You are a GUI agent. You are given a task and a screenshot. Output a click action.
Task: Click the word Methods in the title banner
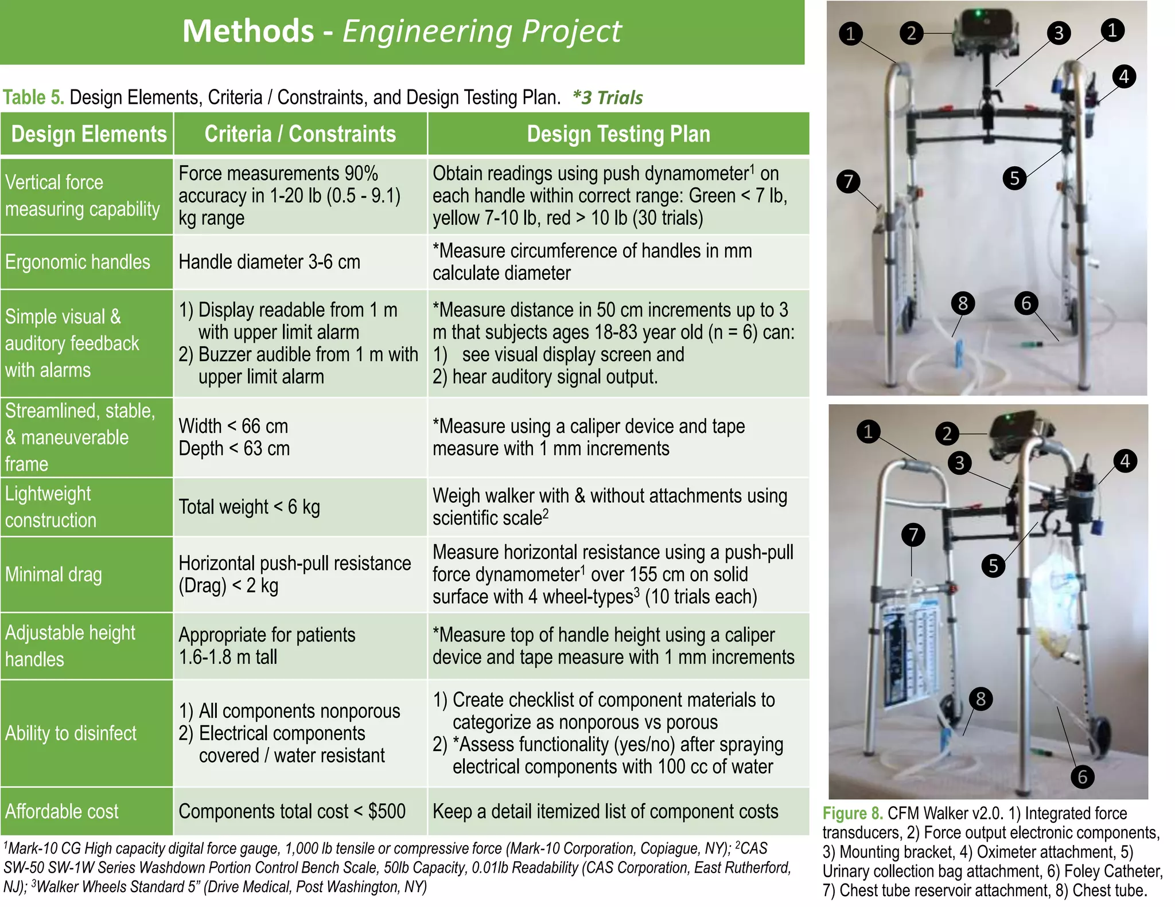coord(248,31)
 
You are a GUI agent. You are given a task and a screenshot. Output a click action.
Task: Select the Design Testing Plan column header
coord(618,134)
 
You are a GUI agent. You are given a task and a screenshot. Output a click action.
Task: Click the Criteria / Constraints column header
coord(300,134)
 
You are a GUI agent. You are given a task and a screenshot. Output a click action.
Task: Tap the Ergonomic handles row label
coord(77,262)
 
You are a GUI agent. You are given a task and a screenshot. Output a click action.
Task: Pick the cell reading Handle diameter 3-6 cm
coord(269,262)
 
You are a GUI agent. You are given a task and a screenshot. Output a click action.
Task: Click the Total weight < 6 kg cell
coord(249,507)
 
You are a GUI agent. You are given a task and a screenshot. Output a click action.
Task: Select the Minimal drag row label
coord(53,574)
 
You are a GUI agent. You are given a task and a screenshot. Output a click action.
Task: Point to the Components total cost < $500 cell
coord(291,811)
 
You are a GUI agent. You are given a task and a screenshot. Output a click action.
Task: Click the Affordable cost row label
coord(61,811)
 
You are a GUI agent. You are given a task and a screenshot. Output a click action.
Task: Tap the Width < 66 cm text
coord(233,426)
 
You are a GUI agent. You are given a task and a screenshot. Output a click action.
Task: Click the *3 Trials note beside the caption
coord(608,97)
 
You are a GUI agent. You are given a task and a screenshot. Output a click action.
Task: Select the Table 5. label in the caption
coord(33,97)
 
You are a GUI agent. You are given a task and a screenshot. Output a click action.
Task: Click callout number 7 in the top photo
coord(848,182)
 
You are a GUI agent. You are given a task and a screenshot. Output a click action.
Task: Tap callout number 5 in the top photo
coord(1014,178)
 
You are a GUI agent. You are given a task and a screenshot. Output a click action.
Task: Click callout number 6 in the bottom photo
coord(1082,777)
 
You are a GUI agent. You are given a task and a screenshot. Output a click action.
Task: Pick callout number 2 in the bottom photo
coord(947,433)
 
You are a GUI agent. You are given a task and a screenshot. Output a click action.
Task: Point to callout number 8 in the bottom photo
coord(981,699)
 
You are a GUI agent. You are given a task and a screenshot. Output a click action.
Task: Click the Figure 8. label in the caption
coord(852,814)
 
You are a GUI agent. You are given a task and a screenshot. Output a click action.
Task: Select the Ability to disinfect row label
coord(71,733)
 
